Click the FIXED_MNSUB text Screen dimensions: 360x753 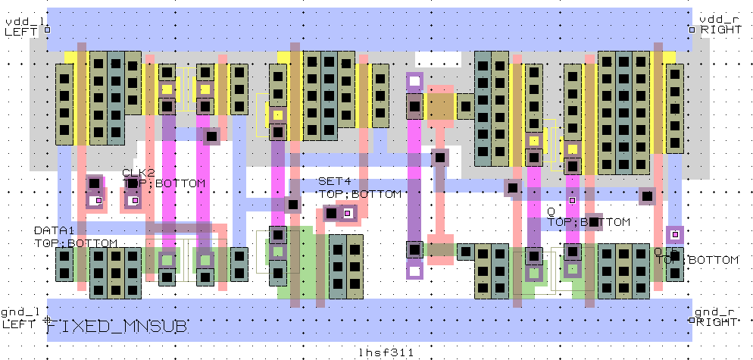[x=118, y=327]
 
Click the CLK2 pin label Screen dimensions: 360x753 [x=138, y=173]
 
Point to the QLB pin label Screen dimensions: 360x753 [x=667, y=250]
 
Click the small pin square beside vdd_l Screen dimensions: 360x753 [x=48, y=30]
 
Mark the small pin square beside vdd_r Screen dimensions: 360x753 [x=692, y=30]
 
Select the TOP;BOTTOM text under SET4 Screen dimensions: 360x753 [x=359, y=195]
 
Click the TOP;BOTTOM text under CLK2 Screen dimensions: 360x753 [x=164, y=184]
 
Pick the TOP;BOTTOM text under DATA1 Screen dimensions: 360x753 [x=76, y=243]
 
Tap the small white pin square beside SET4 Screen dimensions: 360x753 [x=347, y=214]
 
